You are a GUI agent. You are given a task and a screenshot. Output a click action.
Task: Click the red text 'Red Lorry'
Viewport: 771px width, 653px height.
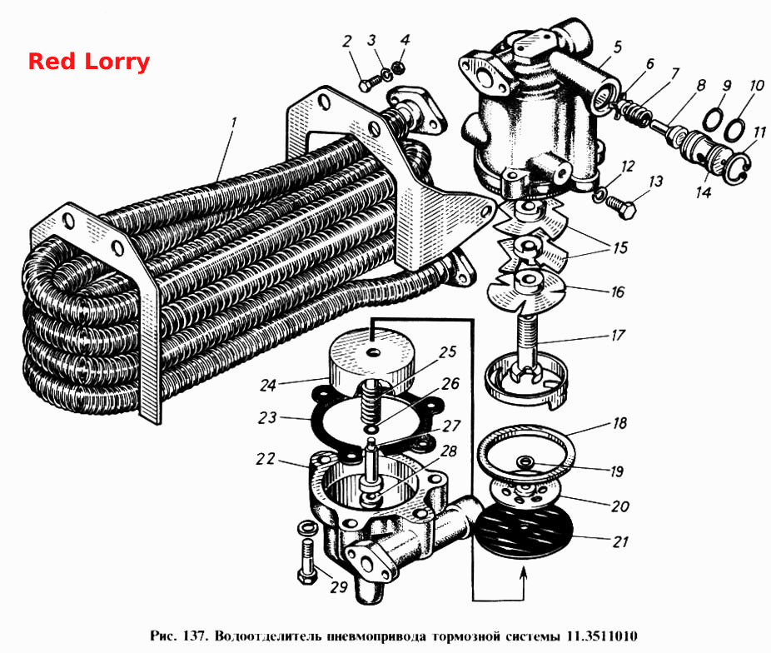coord(88,62)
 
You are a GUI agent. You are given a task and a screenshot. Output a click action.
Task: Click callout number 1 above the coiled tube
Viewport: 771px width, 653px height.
coord(234,122)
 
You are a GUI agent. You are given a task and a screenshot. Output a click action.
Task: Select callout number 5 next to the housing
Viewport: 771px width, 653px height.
coord(618,47)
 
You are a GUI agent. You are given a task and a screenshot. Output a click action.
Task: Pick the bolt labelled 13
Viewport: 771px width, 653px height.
coord(621,207)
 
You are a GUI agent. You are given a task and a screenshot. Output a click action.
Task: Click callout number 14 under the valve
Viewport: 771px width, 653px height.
coord(704,192)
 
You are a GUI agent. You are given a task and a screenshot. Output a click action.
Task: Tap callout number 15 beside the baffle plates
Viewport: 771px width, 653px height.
coord(620,247)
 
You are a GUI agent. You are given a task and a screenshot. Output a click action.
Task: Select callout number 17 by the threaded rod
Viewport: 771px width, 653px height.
coord(618,336)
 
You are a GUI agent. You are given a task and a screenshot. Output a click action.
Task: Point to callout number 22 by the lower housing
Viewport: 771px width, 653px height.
coord(266,459)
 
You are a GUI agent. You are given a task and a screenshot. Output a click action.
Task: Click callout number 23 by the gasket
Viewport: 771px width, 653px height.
coord(267,418)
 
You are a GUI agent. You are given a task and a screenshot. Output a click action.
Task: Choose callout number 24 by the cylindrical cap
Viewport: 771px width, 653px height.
coord(268,385)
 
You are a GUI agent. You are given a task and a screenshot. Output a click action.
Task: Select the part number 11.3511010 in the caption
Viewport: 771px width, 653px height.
coord(602,636)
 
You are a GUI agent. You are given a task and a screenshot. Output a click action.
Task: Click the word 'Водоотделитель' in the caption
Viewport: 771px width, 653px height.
coord(268,636)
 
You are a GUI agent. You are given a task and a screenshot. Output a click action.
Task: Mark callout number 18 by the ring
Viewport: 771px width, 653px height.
coord(619,423)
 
